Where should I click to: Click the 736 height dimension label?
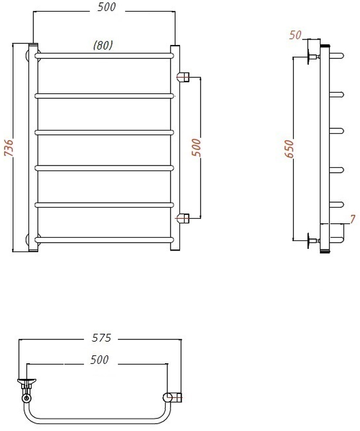(x=9, y=148)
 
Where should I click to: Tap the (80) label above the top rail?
(x=103, y=45)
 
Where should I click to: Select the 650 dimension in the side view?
(x=289, y=149)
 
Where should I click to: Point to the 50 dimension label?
(x=296, y=35)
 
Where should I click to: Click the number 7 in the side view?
(x=353, y=219)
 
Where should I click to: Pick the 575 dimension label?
(x=102, y=338)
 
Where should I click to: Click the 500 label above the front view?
(x=107, y=7)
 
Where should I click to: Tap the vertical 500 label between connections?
(x=196, y=148)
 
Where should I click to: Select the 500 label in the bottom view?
(x=99, y=359)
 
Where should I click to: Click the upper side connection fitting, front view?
(x=183, y=77)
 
